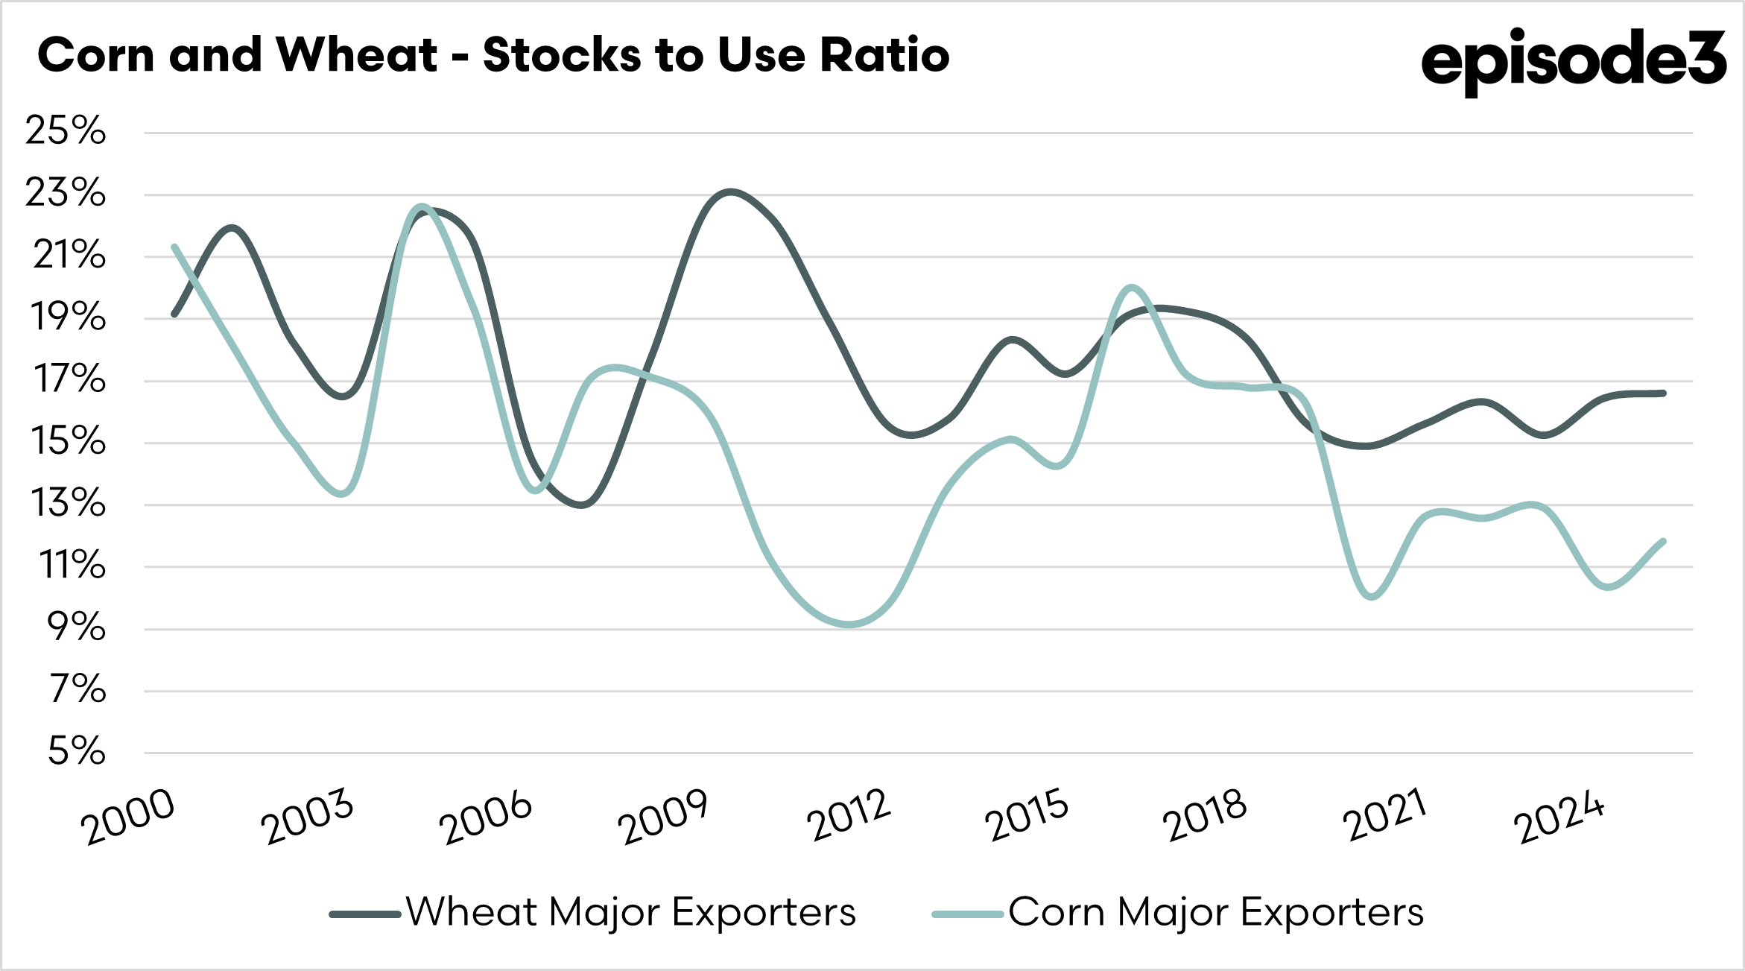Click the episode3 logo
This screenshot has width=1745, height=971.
[1573, 60]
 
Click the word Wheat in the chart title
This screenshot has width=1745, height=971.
[355, 55]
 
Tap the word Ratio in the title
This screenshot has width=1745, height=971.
[884, 55]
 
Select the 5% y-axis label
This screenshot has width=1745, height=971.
[76, 751]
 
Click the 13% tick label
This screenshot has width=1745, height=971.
[67, 504]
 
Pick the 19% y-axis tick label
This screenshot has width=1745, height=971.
[67, 317]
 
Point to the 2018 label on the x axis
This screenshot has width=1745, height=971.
[1204, 815]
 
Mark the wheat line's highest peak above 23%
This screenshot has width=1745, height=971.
[731, 192]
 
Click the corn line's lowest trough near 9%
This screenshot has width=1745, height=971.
[849, 624]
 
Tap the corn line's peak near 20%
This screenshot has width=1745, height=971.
[1131, 287]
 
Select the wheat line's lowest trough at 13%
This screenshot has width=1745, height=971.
[582, 505]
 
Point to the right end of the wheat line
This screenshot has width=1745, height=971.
[1663, 393]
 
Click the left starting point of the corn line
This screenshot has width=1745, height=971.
[174, 247]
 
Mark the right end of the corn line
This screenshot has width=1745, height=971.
[1663, 541]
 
